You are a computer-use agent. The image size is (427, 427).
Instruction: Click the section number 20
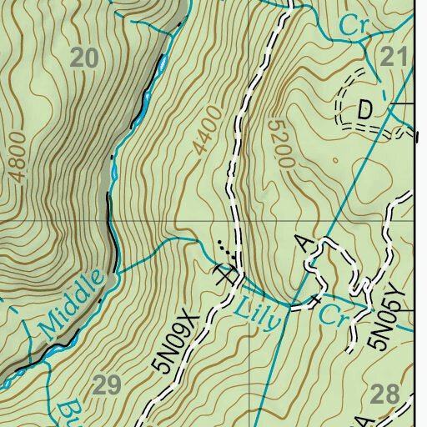click(x=84, y=58)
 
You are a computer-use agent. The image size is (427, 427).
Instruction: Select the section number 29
click(x=108, y=384)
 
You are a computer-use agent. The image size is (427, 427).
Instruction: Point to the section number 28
click(x=384, y=394)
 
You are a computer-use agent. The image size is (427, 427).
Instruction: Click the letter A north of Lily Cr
click(x=303, y=243)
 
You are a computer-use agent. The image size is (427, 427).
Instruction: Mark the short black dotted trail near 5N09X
click(x=222, y=247)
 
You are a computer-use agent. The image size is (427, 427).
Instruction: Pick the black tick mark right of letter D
click(x=404, y=103)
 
